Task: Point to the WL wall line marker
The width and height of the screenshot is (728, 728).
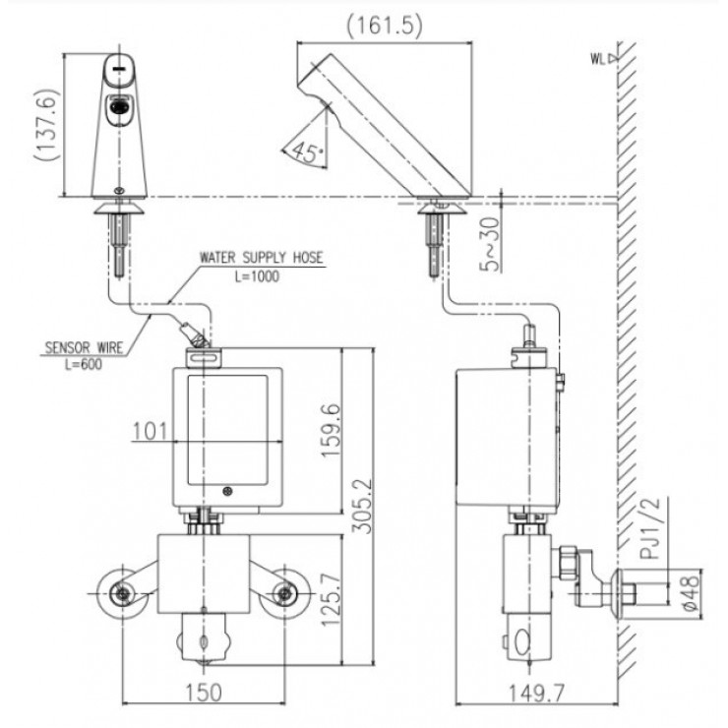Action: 602,58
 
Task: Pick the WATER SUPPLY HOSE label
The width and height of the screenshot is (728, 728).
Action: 262,259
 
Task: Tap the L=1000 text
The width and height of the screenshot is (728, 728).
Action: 258,276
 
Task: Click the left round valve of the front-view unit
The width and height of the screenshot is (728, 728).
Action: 121,592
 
